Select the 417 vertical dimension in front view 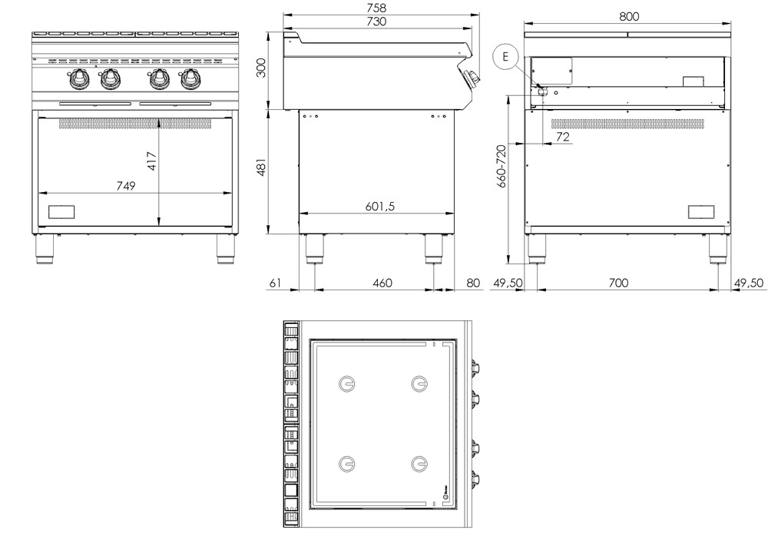(152, 161)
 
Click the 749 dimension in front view (125, 186)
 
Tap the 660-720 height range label (502, 166)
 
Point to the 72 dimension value (562, 137)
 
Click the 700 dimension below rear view (618, 283)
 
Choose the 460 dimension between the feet (382, 283)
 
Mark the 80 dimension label (472, 283)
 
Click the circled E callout (505, 55)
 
